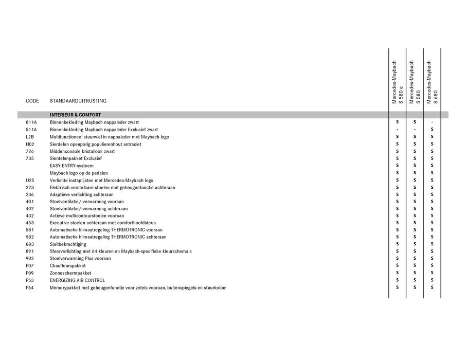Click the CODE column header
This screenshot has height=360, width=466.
(32, 101)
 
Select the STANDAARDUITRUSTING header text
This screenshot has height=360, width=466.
(78, 101)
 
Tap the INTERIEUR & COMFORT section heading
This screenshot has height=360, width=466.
(75, 115)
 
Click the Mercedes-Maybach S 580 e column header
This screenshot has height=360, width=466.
(398, 82)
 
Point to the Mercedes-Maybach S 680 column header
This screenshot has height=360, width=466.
(433, 82)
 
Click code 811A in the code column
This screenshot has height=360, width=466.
(31, 122)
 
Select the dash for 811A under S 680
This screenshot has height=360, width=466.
(432, 122)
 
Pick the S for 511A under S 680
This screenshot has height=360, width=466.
(432, 130)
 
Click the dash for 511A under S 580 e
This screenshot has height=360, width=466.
(397, 130)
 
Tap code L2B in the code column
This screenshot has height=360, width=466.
(30, 137)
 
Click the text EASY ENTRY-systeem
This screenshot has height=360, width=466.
(72, 166)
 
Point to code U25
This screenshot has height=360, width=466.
(30, 181)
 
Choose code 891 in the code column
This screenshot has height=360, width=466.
(29, 251)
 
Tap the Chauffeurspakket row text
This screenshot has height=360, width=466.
(67, 266)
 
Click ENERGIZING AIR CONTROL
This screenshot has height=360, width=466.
(77, 280)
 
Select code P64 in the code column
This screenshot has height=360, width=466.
(30, 287)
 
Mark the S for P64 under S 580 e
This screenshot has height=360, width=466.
(397, 287)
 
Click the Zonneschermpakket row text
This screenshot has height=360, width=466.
(70, 273)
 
